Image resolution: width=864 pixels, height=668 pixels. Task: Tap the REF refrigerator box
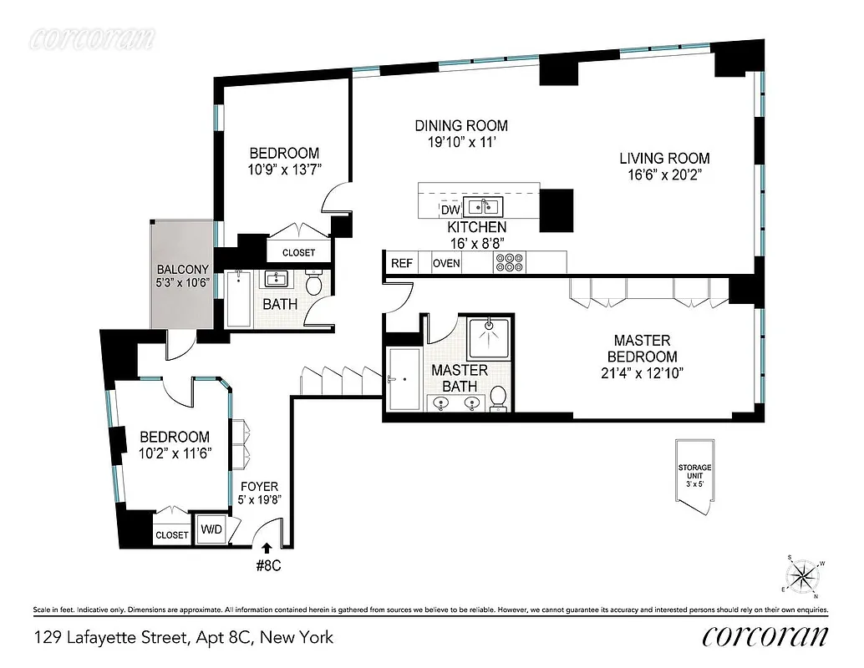(402, 263)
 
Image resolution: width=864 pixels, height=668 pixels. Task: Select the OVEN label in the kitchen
(446, 263)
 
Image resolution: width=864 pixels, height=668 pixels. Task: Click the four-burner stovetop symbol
(507, 263)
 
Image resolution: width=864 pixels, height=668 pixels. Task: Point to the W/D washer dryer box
(209, 529)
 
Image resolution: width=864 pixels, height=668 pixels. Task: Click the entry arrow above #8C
(267, 549)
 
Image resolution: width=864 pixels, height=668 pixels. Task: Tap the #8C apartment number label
(267, 566)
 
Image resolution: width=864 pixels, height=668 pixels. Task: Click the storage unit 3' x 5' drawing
(695, 473)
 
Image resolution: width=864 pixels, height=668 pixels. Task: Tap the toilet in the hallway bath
(315, 284)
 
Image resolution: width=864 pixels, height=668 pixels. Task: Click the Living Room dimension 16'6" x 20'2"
(664, 175)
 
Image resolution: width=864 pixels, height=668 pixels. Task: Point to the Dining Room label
(461, 126)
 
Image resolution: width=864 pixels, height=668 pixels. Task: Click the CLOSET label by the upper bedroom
(298, 252)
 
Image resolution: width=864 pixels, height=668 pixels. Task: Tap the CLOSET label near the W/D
(172, 534)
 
